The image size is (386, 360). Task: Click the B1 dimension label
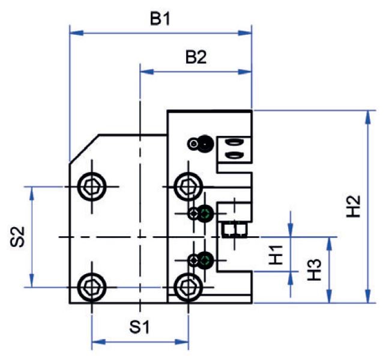[160, 19]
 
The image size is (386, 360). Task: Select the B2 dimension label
[196, 58]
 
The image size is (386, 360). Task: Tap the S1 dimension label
[139, 327]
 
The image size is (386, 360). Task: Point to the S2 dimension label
[18, 237]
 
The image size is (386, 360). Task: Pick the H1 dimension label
[276, 255]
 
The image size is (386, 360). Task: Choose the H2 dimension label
[353, 206]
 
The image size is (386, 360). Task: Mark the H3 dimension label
[315, 270]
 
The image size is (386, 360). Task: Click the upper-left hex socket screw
[92, 186]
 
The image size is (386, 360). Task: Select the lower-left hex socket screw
[92, 287]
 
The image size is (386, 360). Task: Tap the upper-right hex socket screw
[188, 186]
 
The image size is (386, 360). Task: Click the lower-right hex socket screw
[188, 287]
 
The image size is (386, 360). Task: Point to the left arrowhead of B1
[77, 33]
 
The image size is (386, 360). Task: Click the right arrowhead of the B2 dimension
[245, 72]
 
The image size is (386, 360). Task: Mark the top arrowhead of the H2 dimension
[368, 117]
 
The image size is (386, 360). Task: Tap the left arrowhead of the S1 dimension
[98, 342]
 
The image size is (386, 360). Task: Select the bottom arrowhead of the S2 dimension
[31, 281]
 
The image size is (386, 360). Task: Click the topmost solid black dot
[205, 144]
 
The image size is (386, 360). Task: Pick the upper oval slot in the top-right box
[233, 142]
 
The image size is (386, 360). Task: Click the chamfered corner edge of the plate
[84, 149]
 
